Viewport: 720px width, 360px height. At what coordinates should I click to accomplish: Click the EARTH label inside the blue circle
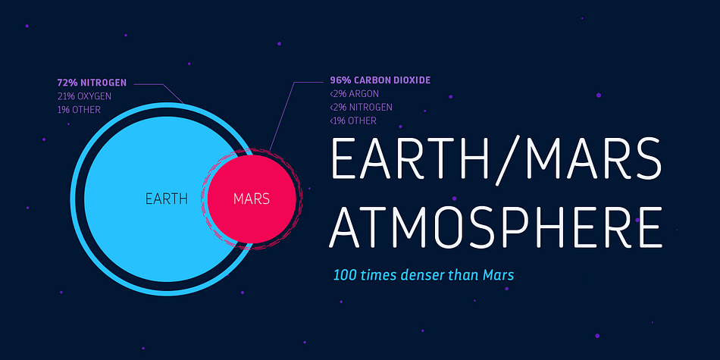[166, 199]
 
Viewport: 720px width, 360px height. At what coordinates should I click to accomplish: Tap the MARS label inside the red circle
[251, 199]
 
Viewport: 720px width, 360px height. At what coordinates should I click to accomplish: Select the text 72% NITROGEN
[92, 83]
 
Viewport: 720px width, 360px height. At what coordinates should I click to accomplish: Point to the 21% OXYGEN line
[84, 96]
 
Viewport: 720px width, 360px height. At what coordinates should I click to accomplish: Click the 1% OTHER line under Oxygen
[79, 110]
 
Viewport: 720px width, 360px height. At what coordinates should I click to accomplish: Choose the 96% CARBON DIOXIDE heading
[380, 80]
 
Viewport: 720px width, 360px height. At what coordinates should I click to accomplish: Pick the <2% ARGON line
[354, 94]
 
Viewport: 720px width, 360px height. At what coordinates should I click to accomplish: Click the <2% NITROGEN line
[361, 107]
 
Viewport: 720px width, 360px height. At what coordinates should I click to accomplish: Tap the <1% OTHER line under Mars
[353, 121]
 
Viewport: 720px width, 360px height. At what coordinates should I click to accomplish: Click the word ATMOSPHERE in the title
[496, 228]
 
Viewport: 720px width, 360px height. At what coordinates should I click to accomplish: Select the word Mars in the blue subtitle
[498, 275]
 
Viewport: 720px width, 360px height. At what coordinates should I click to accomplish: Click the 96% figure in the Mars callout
[340, 80]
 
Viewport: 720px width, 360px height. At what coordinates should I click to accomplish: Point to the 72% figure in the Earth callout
[67, 83]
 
